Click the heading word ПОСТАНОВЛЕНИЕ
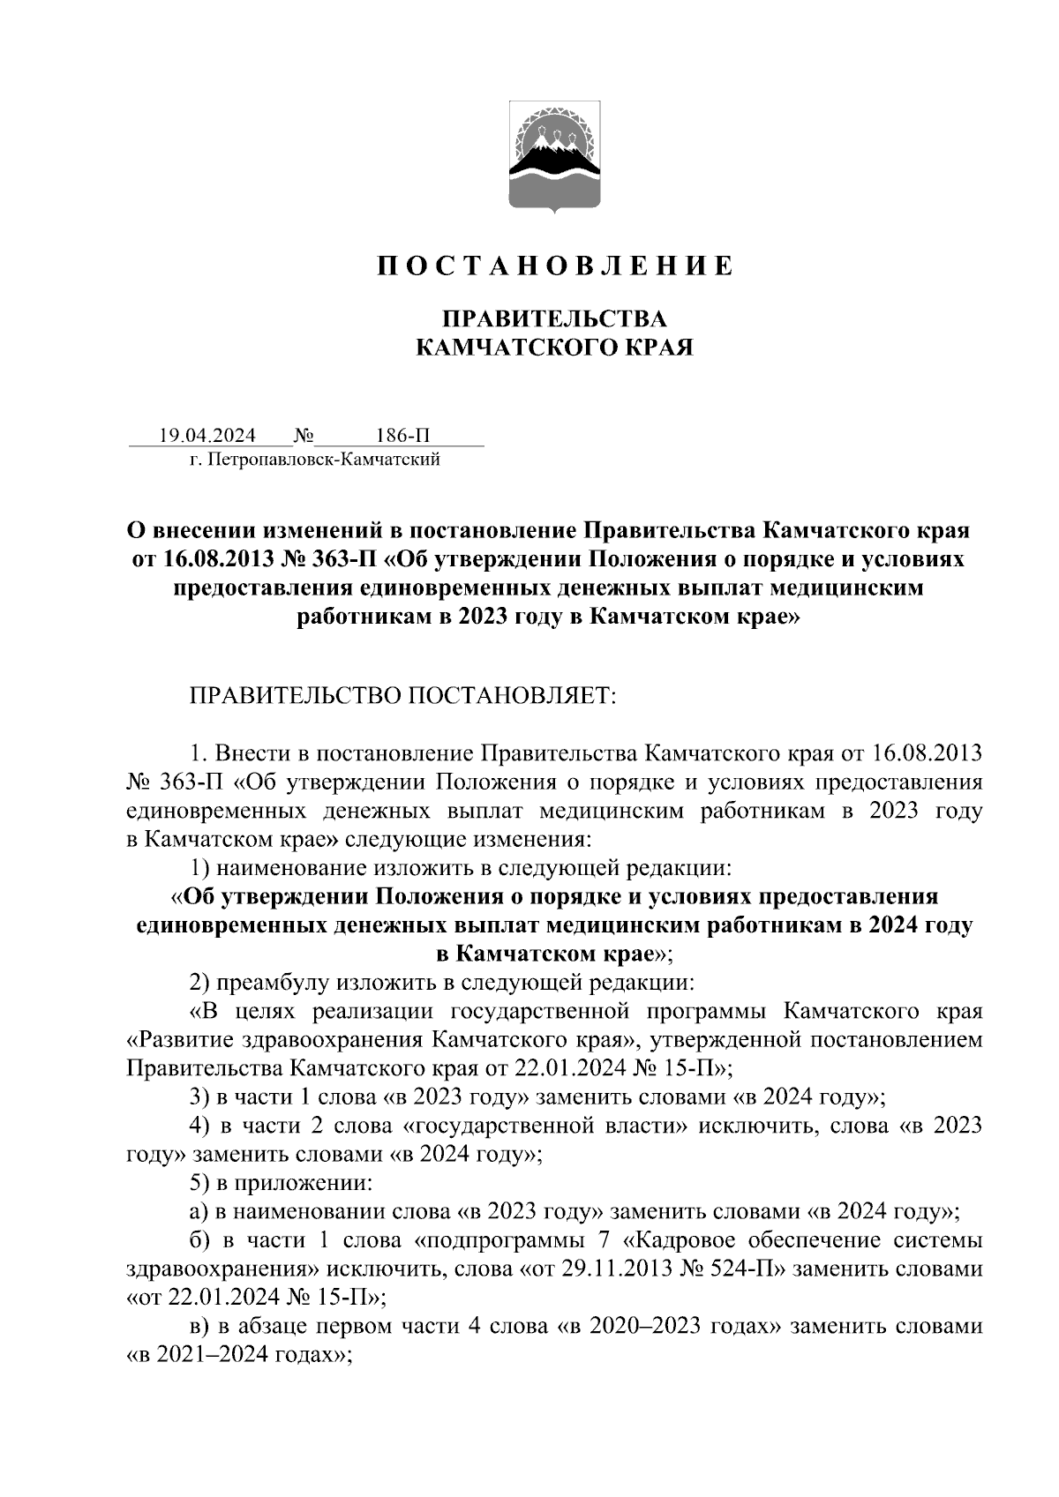point(555,266)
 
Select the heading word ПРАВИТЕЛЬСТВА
point(554,318)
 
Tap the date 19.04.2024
point(207,436)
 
